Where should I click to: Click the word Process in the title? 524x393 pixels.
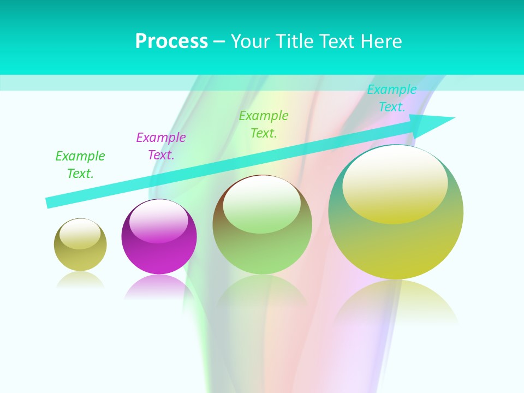click(x=171, y=41)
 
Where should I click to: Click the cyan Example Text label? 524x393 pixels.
click(x=391, y=98)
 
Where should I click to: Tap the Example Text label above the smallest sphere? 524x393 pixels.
click(x=80, y=165)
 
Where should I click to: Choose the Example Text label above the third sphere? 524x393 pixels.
click(x=264, y=124)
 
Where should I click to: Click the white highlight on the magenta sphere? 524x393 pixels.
click(x=159, y=222)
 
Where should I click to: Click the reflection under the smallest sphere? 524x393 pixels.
click(x=80, y=279)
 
